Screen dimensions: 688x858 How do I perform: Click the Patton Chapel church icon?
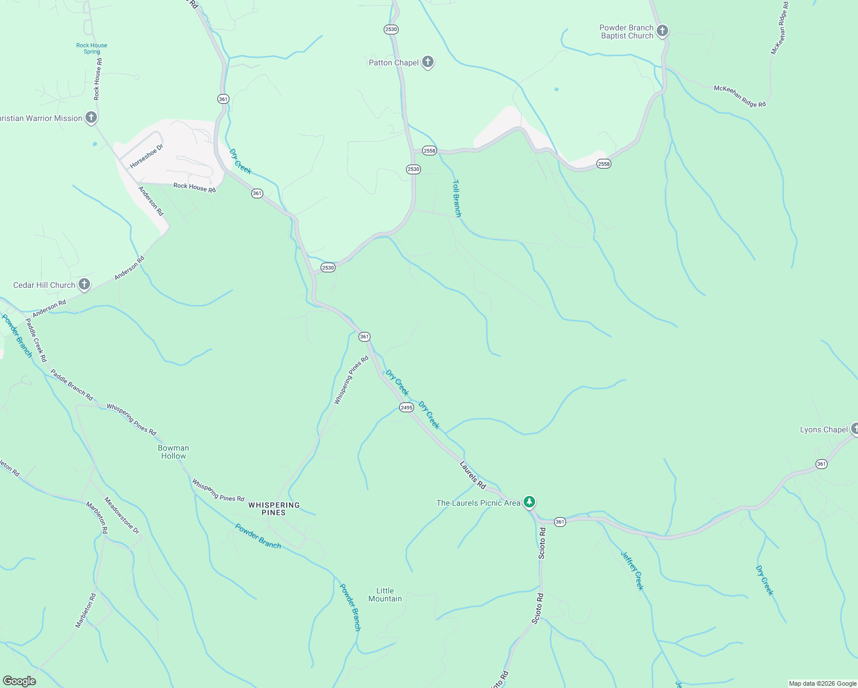point(427,62)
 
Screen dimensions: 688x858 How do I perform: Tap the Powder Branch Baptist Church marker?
point(662,31)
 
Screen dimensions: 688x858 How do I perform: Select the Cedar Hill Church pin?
point(84,284)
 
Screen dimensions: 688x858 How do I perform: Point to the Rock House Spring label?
point(92,49)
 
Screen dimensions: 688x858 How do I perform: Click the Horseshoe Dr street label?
point(146,157)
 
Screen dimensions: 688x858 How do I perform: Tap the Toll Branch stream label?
point(457,198)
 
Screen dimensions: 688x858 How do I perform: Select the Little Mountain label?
point(385,595)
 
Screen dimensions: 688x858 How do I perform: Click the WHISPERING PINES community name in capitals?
point(274,509)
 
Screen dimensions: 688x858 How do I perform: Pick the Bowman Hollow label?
point(173,452)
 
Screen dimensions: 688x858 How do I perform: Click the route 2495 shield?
point(406,408)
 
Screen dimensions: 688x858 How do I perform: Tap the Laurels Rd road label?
point(473,475)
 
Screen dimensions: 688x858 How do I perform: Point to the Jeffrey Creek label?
point(633,570)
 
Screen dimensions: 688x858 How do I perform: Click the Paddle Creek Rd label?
point(36,340)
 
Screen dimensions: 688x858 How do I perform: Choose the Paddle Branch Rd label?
point(72,385)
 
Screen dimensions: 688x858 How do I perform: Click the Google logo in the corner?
point(19,681)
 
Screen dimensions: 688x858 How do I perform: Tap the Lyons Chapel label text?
point(824,429)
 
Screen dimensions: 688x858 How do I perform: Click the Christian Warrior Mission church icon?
point(91,118)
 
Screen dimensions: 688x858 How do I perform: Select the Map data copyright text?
point(822,683)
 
